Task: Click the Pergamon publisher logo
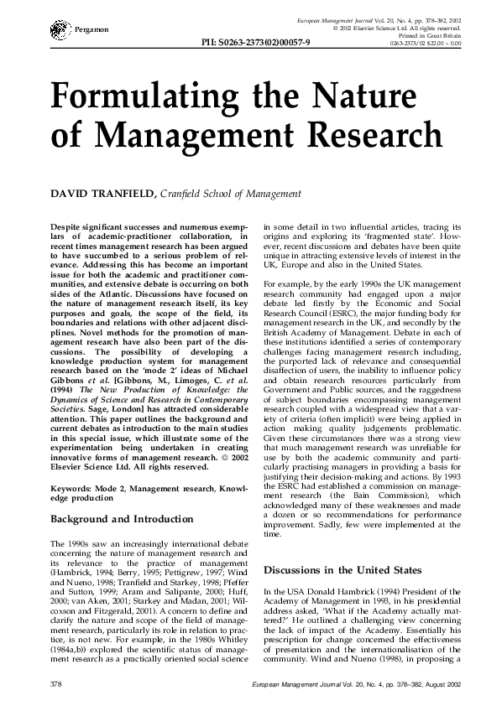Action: (60, 29)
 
